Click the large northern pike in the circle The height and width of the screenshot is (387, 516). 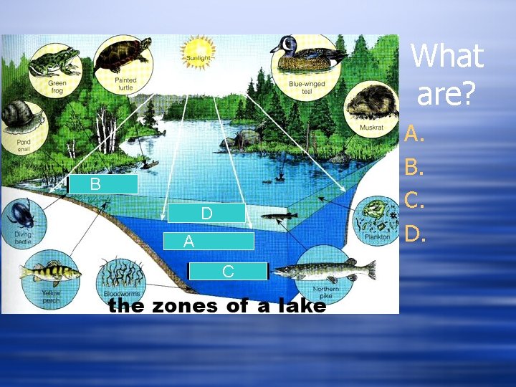click(x=326, y=271)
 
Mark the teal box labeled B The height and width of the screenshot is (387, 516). click(x=102, y=184)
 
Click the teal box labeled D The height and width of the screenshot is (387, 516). click(x=206, y=213)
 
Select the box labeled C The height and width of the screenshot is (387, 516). click(x=227, y=271)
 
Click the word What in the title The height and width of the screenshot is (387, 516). click(x=447, y=56)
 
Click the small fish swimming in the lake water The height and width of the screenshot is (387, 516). click(x=279, y=215)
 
